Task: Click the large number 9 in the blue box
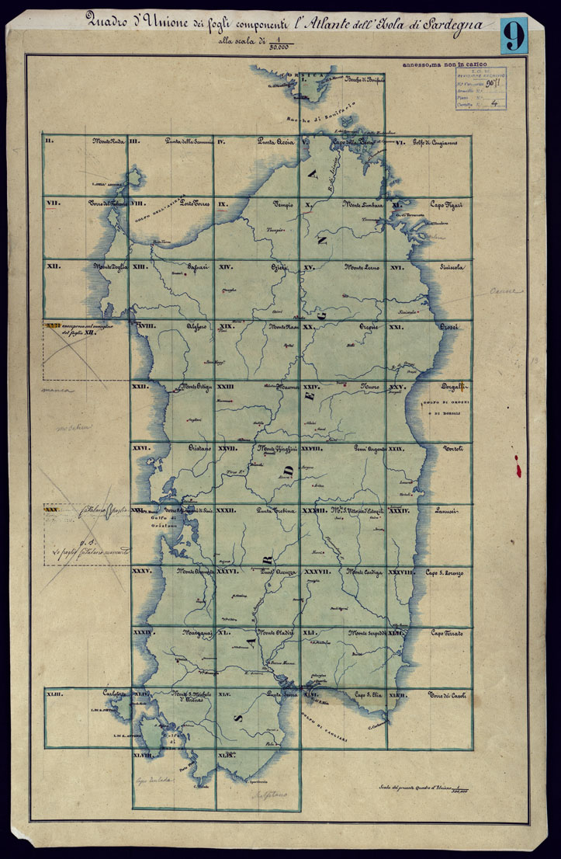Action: [x=513, y=36]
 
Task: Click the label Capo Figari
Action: [x=447, y=204]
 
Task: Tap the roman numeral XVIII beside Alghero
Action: [x=144, y=327]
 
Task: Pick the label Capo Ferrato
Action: [x=445, y=634]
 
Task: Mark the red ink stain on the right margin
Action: [x=514, y=466]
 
